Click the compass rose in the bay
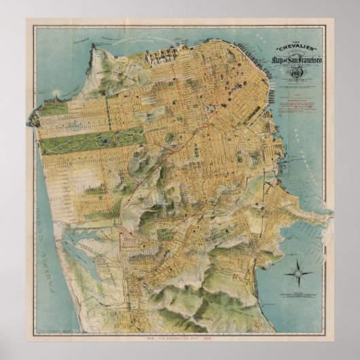point(298,273)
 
